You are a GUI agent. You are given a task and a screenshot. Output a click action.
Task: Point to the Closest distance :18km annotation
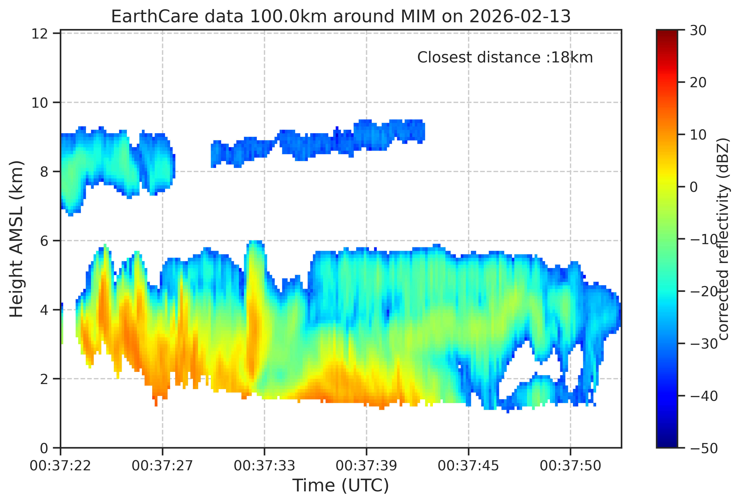click(x=505, y=58)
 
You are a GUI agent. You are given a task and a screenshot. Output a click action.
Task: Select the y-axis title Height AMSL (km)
click(x=16, y=239)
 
